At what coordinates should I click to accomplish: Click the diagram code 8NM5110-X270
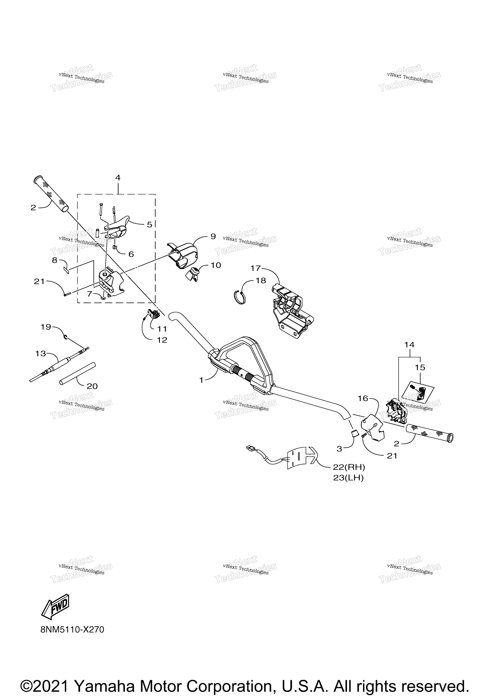(72, 630)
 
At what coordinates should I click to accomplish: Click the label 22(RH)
(349, 467)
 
